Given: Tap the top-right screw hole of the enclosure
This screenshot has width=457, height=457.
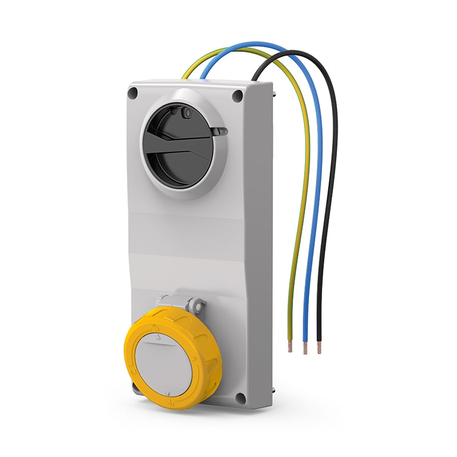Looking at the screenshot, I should point(237,96).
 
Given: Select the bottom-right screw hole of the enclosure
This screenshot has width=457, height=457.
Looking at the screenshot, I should point(240,398).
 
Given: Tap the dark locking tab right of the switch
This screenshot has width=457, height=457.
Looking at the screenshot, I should point(219,132).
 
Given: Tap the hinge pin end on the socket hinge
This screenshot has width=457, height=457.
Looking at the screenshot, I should point(200,304).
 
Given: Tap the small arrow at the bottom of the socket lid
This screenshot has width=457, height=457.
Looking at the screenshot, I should point(170,394).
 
